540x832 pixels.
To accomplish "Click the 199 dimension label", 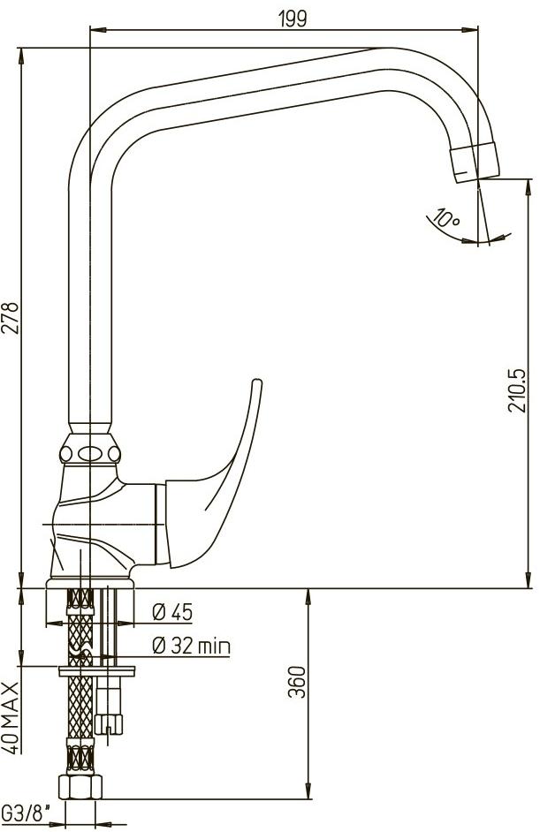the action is [x=293, y=19].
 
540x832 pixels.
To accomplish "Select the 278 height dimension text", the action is [x=11, y=318].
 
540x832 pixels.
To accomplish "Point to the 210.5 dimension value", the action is [x=518, y=390].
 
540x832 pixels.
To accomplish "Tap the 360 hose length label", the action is [x=299, y=682].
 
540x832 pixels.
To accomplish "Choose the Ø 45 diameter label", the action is [x=172, y=612].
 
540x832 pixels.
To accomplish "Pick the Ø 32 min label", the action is [x=191, y=646].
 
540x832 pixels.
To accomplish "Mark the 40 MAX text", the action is [x=11, y=718].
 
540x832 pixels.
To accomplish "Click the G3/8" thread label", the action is [x=27, y=812].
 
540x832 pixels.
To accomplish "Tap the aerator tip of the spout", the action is [x=475, y=163].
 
